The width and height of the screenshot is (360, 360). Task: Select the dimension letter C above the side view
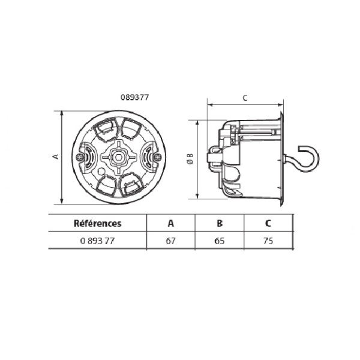coord(245,97)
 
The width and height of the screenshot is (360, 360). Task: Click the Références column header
coord(97,223)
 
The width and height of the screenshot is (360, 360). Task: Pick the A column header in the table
coord(171,223)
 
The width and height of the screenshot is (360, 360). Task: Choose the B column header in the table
coord(220,223)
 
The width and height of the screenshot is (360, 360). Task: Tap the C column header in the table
coord(268,223)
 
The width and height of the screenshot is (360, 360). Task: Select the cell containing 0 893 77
coord(97,241)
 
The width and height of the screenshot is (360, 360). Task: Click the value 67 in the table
coord(171,241)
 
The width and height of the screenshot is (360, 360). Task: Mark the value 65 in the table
coord(220,241)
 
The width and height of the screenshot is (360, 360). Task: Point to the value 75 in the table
coord(268,241)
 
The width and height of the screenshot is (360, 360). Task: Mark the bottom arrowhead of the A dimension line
coord(62,201)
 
